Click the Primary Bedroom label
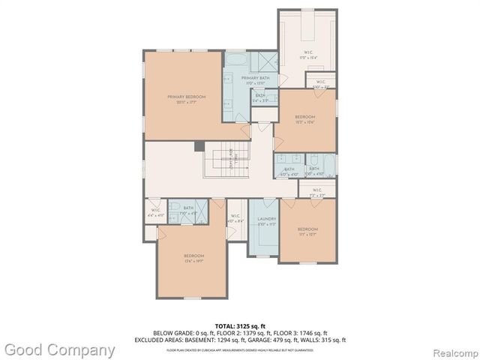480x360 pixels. coord(186,97)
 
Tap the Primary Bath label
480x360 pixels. coord(255,79)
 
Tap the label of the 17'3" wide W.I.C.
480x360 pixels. coord(308,53)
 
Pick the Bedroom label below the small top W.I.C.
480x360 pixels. coord(304,118)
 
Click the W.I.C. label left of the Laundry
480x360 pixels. coord(235,218)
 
